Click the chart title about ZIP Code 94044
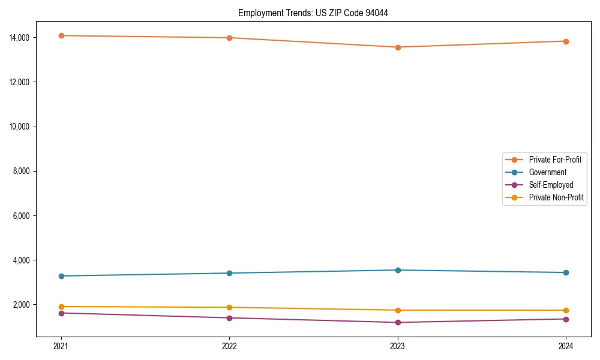coord(313,13)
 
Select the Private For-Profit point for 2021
coord(61,35)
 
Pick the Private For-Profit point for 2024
coord(566,41)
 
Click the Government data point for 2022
coord(229,273)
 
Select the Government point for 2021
coord(61,276)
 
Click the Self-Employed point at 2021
coord(61,313)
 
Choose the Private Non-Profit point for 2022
coord(229,307)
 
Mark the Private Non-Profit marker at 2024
coord(566,310)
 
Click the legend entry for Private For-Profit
coord(554,160)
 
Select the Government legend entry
coord(547,172)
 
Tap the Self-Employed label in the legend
coord(551,185)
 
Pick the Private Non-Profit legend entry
coord(556,197)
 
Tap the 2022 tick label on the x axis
coord(229,346)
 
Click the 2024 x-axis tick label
coord(566,346)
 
